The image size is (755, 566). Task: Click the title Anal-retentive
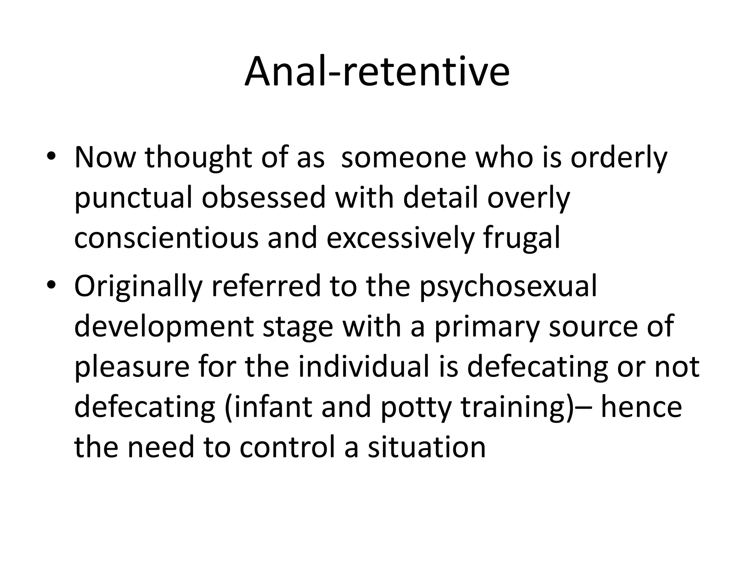pos(377,71)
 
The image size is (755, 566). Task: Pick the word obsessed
pos(264,198)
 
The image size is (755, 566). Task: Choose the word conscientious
pos(166,238)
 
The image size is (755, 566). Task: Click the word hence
pos(641,407)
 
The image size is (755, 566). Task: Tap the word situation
pos(427,447)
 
